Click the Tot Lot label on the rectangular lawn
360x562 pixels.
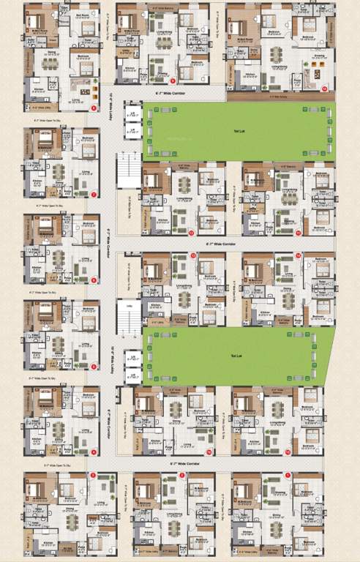pyautogui.click(x=239, y=132)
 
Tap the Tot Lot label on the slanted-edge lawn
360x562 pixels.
pyautogui.click(x=239, y=356)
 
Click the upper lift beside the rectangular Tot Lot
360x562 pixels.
pyautogui.click(x=133, y=113)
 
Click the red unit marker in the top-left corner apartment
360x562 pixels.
pyautogui.click(x=94, y=108)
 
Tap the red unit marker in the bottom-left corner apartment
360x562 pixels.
pyautogui.click(x=93, y=476)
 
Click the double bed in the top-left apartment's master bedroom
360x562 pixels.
pyautogui.click(x=39, y=22)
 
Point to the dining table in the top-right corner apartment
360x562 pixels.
pyautogui.click(x=276, y=54)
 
